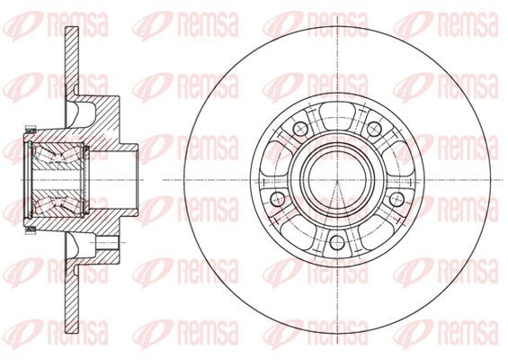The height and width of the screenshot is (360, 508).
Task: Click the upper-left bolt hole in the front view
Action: coord(300,129)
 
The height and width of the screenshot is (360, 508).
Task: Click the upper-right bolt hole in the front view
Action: coord(374,129)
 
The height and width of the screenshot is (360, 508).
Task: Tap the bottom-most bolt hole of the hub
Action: coord(337,242)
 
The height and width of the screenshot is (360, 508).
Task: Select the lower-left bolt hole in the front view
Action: coord(277,199)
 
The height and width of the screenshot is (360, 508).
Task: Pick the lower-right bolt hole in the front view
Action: coord(397,199)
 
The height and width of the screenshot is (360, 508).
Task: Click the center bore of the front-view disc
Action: coord(337,180)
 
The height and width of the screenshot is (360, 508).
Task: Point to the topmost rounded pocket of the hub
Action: coord(337,112)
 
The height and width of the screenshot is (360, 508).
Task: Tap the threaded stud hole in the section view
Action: coord(108,242)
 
